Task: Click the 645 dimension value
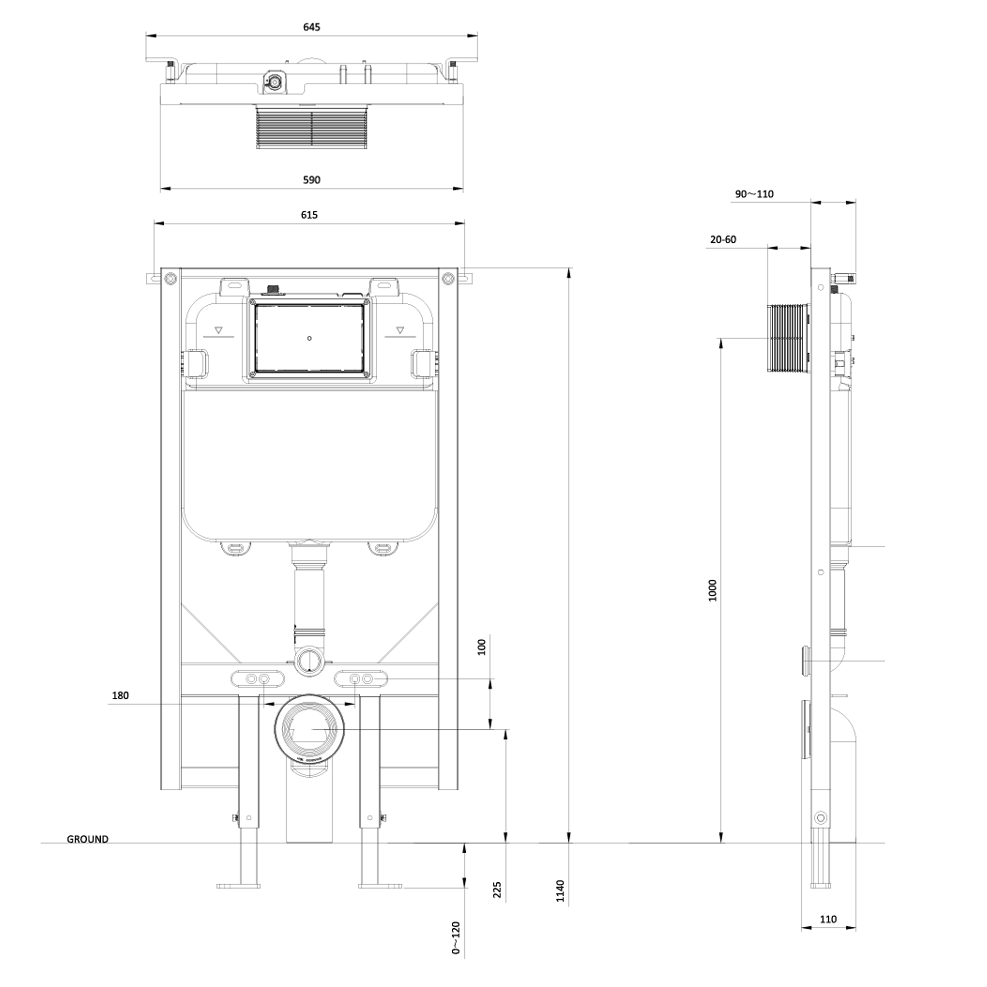point(312,27)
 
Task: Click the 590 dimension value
point(312,180)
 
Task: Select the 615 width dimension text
point(309,215)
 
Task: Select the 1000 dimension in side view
point(713,590)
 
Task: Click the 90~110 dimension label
point(754,194)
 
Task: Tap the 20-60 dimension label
point(723,240)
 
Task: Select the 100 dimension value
point(482,647)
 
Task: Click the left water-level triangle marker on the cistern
point(219,330)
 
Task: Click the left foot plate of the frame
point(238,886)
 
